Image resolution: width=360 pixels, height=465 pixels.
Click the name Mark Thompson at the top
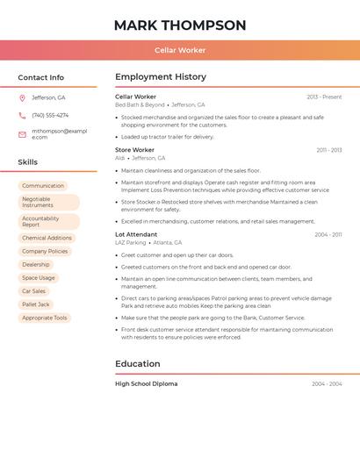click(x=180, y=25)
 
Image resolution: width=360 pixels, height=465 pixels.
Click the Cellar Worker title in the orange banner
click(x=180, y=50)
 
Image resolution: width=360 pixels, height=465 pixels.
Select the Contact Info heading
click(x=41, y=77)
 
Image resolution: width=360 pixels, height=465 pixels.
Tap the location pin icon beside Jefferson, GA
click(x=22, y=97)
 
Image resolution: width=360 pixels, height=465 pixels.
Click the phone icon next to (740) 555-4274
click(x=22, y=115)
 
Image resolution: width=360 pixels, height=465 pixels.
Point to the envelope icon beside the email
click(x=22, y=134)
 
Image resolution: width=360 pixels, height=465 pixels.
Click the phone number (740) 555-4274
click(x=50, y=115)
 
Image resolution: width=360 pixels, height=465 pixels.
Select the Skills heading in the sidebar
click(x=28, y=162)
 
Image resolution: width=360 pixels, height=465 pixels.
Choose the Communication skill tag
click(x=43, y=186)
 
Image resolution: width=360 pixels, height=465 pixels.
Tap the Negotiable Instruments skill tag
click(x=48, y=202)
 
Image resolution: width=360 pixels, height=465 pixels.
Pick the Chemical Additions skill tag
click(x=47, y=238)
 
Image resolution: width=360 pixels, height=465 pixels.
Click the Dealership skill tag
click(x=36, y=264)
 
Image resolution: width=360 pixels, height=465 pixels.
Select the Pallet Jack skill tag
click(x=35, y=304)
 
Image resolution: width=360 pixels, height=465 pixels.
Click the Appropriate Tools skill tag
click(x=44, y=318)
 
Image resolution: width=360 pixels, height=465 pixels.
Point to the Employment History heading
click(x=161, y=77)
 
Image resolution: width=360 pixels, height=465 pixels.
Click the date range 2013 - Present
click(x=324, y=97)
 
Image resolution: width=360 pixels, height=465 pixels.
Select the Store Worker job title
click(x=134, y=150)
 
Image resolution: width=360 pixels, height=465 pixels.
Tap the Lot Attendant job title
click(x=136, y=234)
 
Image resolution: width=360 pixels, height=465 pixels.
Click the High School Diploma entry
click(x=146, y=383)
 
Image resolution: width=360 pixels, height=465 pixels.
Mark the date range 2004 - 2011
click(x=328, y=234)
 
